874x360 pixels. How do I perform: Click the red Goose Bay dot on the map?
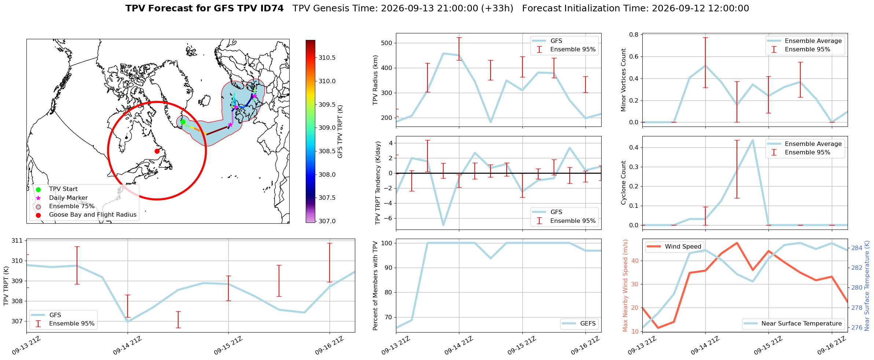(x=157, y=151)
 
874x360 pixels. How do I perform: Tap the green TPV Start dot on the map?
(x=183, y=122)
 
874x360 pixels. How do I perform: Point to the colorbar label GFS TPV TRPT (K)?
(x=340, y=132)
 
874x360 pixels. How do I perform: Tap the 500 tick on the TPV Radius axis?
(x=387, y=43)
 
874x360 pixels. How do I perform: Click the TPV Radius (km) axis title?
(x=375, y=80)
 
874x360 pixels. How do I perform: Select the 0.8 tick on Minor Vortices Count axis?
(x=634, y=34)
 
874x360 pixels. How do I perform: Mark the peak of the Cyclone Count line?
(x=753, y=140)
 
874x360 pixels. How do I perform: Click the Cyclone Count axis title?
(x=623, y=183)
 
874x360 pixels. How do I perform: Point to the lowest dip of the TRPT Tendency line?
(x=443, y=225)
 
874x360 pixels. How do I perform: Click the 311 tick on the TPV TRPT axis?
(x=18, y=241)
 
